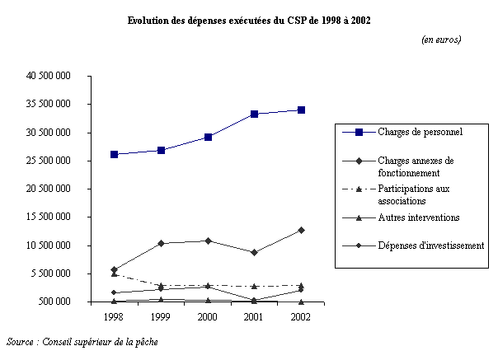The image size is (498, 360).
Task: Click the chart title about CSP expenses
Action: (x=248, y=21)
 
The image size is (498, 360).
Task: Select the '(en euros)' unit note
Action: (x=440, y=40)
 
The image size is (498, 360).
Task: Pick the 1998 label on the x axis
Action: (x=114, y=316)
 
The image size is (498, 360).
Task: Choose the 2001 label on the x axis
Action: (x=254, y=316)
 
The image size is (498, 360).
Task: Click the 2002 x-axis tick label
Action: (x=301, y=316)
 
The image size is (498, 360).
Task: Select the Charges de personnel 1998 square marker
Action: (x=114, y=154)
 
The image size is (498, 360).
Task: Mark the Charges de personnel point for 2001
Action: (x=254, y=114)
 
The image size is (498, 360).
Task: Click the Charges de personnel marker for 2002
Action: (x=302, y=110)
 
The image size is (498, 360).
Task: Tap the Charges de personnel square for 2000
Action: (x=208, y=137)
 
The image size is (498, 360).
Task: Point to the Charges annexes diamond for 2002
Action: (x=302, y=230)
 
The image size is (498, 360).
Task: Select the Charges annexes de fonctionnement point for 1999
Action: (x=161, y=243)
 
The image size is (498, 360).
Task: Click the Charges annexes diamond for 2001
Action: (x=254, y=252)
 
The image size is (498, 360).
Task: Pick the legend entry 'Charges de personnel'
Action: (x=419, y=133)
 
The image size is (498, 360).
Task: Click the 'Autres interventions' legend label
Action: (x=419, y=218)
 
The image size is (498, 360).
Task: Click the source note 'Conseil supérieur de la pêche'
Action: (x=82, y=341)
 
